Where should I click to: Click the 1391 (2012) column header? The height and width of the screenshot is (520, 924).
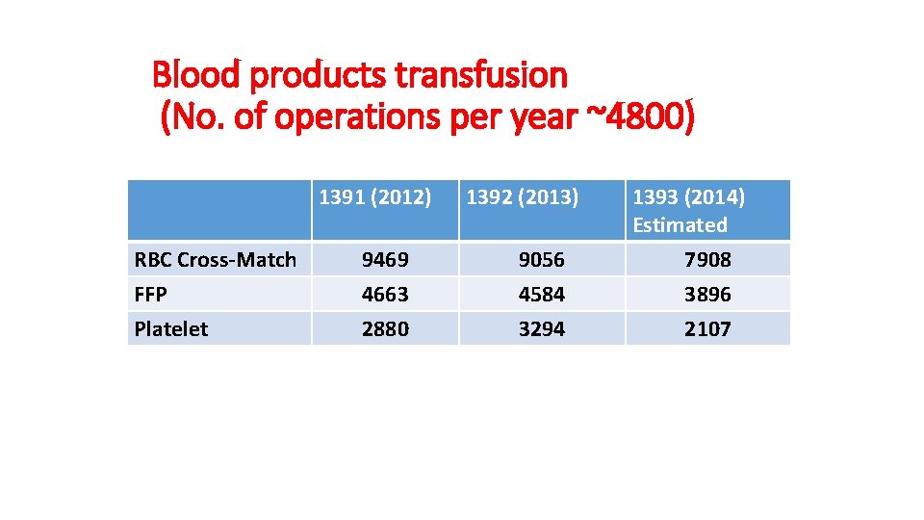pos(374,198)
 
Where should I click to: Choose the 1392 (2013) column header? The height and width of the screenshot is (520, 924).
pos(523,198)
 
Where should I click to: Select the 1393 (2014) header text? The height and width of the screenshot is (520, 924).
pos(688,198)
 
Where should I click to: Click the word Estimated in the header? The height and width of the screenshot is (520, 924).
pos(680,225)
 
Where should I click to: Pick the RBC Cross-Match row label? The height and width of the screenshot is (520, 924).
pos(216,260)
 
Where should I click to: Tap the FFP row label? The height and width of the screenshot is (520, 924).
pos(150,295)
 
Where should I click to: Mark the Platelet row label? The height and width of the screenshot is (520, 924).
pos(171,329)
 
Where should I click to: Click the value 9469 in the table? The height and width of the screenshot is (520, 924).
pos(385,260)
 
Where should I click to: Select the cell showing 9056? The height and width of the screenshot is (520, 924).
pos(542,260)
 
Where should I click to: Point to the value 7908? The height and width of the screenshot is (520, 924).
pos(707,260)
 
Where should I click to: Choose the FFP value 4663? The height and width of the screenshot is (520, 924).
pos(385,295)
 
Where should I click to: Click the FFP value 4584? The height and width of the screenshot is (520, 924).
pos(542,295)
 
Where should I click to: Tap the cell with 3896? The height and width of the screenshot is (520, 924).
pos(707,295)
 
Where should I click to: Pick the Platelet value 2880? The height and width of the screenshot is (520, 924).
pos(385,329)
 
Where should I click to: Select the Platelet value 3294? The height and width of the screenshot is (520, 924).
pos(542,329)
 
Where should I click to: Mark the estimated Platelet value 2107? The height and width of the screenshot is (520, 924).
pos(707,329)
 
